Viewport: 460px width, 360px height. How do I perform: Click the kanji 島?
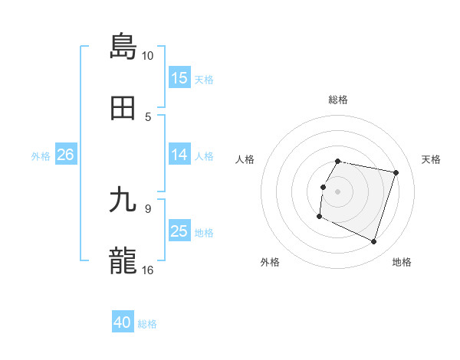pyautogui.click(x=123, y=46)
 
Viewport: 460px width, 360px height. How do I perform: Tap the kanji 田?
pyautogui.click(x=123, y=108)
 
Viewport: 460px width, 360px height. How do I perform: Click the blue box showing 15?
pyautogui.click(x=179, y=78)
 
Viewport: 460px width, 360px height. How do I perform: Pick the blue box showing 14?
pyautogui.click(x=179, y=155)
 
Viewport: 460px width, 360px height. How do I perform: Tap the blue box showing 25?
pyautogui.click(x=179, y=231)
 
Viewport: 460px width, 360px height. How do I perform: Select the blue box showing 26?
pyautogui.click(x=65, y=155)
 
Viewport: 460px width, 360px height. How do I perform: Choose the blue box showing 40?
pyautogui.click(x=123, y=323)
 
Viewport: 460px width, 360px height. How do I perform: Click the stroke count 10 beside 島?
pyautogui.click(x=148, y=56)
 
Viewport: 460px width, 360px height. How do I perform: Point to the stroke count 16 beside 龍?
pyautogui.click(x=148, y=270)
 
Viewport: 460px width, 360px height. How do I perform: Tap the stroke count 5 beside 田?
pyautogui.click(x=148, y=116)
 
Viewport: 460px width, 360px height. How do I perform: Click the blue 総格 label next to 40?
pyautogui.click(x=148, y=324)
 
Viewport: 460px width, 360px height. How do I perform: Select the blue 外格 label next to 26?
pyautogui.click(x=41, y=155)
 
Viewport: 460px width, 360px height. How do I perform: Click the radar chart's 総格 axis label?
pyautogui.click(x=338, y=100)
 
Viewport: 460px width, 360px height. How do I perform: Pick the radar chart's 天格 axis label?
pyautogui.click(x=432, y=159)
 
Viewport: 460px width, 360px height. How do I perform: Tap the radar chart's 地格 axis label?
pyautogui.click(x=402, y=262)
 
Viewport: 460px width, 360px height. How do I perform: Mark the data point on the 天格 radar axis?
pyautogui.click(x=396, y=173)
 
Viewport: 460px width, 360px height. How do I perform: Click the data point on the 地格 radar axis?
pyautogui.click(x=374, y=242)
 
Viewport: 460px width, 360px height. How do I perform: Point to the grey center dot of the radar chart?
pyautogui.click(x=338, y=191)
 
